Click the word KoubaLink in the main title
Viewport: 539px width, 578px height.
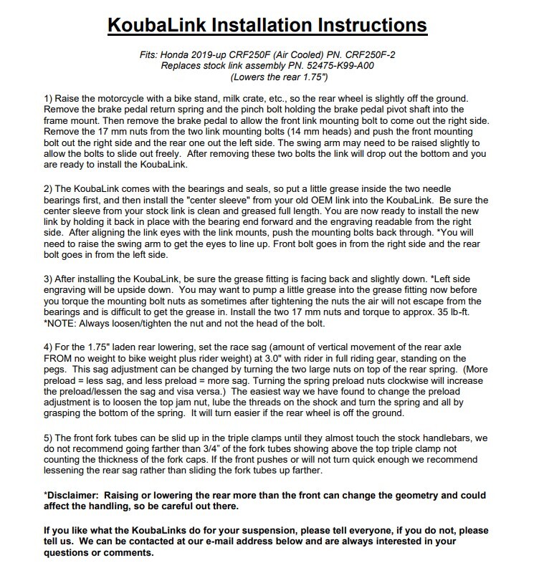(167, 26)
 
